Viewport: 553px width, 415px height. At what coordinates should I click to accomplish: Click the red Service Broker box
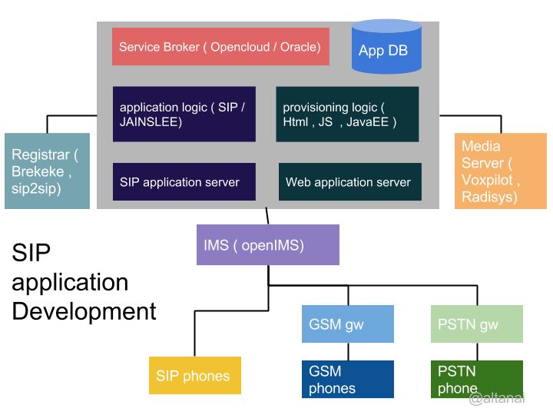tap(220, 47)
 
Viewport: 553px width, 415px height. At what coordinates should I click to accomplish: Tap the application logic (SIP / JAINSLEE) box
tap(184, 114)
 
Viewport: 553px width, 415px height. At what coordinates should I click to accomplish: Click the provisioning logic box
tap(347, 114)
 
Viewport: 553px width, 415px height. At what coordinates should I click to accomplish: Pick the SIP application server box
tap(184, 182)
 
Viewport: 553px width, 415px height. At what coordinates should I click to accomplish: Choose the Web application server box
tap(349, 182)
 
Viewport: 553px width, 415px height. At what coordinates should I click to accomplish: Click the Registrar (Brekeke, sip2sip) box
tap(46, 171)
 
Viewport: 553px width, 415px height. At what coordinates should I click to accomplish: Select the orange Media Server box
tap(494, 171)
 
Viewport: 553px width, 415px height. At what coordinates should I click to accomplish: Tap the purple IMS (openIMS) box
tap(267, 245)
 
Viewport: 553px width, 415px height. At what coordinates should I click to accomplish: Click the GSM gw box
tap(347, 324)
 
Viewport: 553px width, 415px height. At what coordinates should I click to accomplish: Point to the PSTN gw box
tap(476, 324)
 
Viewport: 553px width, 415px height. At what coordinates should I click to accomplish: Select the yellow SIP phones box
tap(194, 376)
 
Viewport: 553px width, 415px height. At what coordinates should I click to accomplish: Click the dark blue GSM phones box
tap(347, 380)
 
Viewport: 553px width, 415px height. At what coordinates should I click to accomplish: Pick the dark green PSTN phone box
tap(476, 380)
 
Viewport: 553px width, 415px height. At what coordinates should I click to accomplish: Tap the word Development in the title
tap(84, 311)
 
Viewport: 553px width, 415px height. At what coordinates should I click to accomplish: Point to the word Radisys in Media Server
tap(489, 197)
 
